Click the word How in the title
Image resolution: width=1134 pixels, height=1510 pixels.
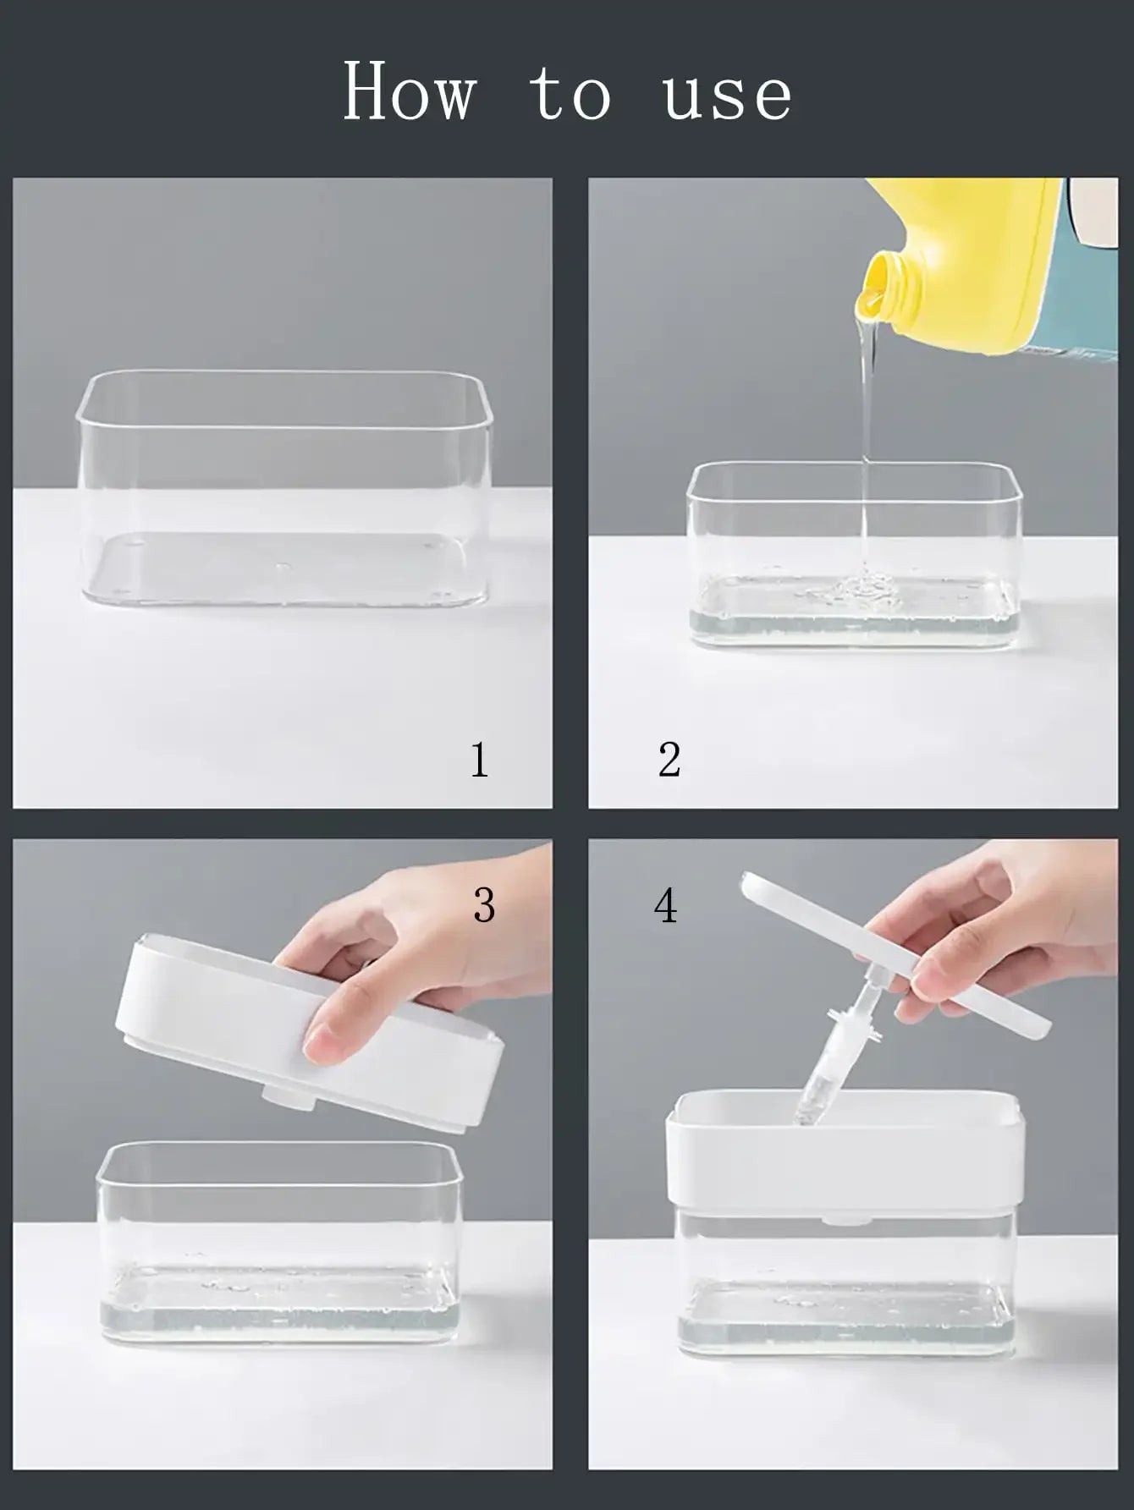[410, 91]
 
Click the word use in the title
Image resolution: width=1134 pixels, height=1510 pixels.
[728, 98]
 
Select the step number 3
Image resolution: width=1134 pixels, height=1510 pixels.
[484, 905]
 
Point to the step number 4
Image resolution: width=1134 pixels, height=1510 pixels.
[666, 905]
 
